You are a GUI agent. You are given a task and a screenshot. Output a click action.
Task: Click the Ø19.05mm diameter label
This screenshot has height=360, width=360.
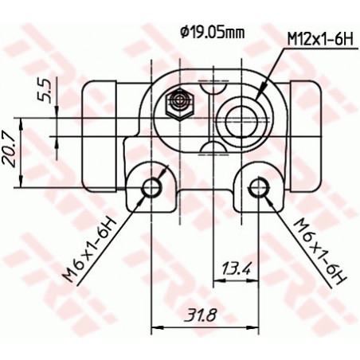pyautogui.click(x=212, y=33)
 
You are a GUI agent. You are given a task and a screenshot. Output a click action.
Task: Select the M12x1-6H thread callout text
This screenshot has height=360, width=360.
pyautogui.click(x=319, y=39)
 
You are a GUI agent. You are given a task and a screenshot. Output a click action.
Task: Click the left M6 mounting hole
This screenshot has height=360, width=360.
pyautogui.click(x=151, y=187)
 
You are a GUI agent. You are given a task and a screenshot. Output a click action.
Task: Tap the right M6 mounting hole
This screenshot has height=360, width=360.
pyautogui.click(x=258, y=187)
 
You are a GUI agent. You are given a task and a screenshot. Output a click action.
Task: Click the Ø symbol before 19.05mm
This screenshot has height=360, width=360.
pyautogui.click(x=184, y=33)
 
